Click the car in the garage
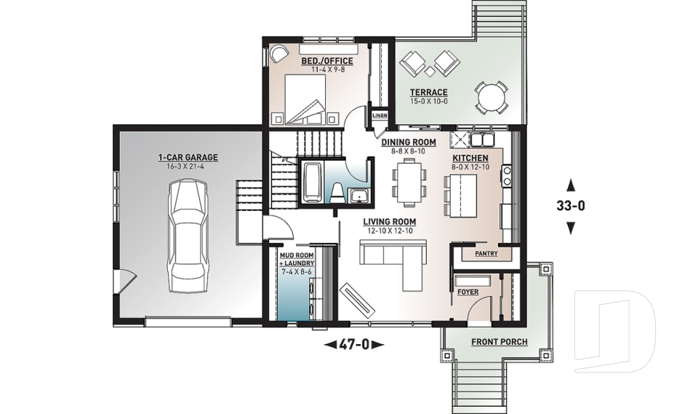tap(187, 236)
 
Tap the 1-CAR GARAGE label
tap(188, 157)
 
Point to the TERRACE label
tap(428, 92)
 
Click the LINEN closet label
tap(380, 116)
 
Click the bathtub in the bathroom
tap(313, 183)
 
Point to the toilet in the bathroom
tap(337, 191)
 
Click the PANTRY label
tap(486, 254)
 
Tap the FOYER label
tap(468, 291)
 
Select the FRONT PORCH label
tap(499, 341)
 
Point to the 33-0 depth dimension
tap(571, 206)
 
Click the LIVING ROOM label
tap(391, 222)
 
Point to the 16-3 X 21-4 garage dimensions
tap(188, 166)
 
